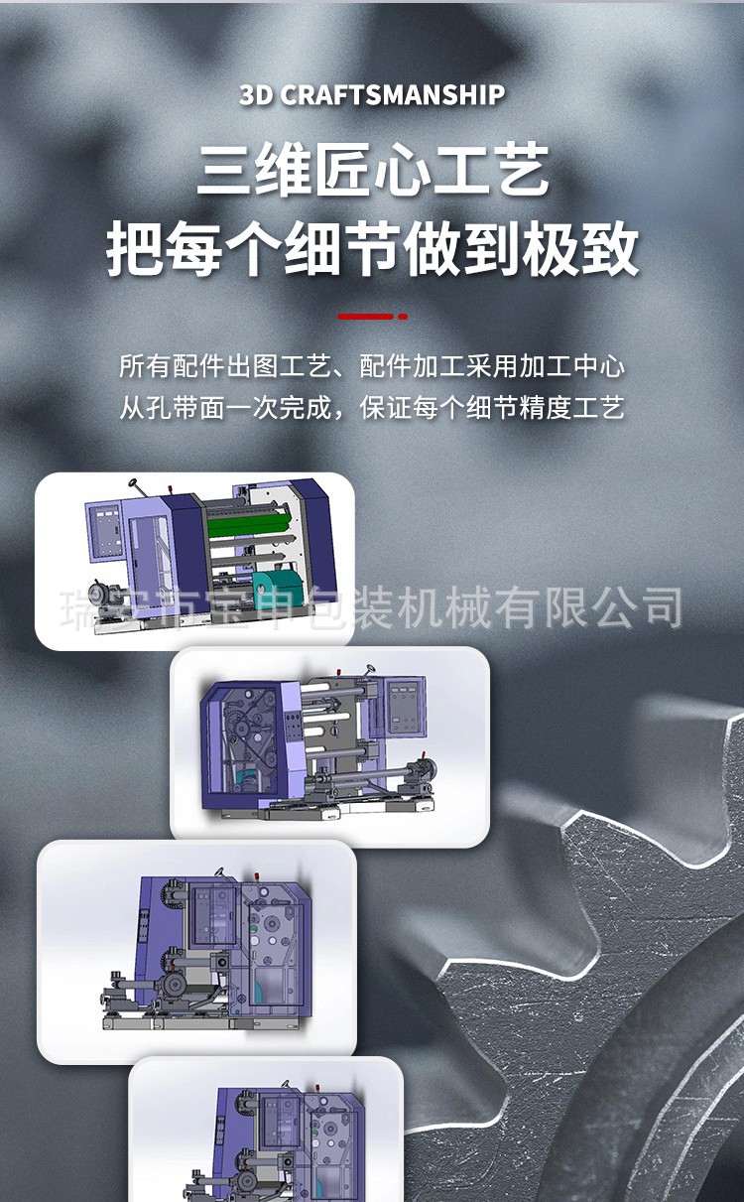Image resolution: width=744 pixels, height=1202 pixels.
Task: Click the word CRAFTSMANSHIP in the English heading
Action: [393, 95]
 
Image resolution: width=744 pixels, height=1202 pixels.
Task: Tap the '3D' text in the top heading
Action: [257, 95]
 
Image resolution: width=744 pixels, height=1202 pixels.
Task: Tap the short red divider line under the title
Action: [366, 317]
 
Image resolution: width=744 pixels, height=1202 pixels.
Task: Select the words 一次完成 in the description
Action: [268, 408]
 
